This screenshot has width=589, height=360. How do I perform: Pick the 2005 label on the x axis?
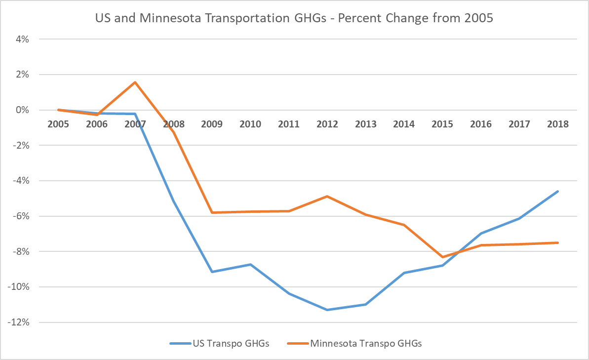point(58,124)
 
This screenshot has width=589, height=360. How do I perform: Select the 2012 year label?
point(327,124)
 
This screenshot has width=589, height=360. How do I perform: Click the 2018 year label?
point(557,124)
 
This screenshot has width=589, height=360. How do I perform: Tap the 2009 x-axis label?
point(212,124)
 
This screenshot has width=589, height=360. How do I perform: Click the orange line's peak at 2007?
point(135,82)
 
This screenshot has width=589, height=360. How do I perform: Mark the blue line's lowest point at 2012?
point(327,310)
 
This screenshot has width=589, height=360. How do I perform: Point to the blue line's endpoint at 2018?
point(557,191)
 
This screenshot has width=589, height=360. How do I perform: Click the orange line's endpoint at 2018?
point(557,242)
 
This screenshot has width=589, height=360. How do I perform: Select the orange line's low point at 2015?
point(442,257)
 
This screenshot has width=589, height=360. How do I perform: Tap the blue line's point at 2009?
point(212,272)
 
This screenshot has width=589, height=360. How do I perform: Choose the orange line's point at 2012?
point(327,196)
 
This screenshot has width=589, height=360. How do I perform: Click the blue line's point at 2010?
point(250,264)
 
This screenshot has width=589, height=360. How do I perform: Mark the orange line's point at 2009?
point(212,212)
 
